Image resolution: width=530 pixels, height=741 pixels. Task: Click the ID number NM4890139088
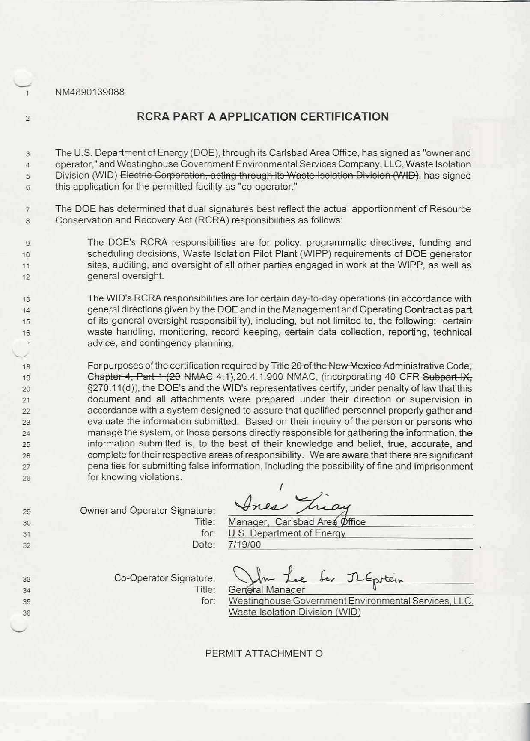[89, 92]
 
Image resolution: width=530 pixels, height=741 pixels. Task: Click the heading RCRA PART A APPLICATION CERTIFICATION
[262, 117]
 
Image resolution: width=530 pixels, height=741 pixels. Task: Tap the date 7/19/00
[244, 545]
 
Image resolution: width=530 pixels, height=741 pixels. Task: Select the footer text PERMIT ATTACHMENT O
[264, 653]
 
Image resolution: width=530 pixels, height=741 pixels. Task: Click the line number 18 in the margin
[27, 366]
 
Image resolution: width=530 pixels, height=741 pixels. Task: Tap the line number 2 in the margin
[27, 119]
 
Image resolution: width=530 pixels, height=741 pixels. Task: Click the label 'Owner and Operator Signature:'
[147, 511]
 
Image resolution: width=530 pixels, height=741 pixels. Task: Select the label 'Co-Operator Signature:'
[164, 578]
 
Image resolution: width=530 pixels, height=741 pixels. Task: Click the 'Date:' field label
[203, 545]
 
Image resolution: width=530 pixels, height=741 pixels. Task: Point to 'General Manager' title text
[267, 590]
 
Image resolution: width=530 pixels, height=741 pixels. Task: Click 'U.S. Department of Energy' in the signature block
[287, 533]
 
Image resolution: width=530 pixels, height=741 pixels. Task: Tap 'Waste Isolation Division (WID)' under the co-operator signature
[295, 612]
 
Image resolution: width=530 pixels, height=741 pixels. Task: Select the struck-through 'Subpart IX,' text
[447, 377]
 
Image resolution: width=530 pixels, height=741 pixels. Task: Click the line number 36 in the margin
[27, 613]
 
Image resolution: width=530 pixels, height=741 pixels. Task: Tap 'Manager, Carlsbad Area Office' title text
[297, 522]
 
